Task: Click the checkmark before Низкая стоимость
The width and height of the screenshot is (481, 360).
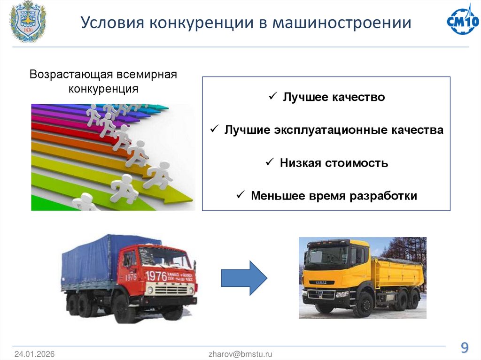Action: pos(270,162)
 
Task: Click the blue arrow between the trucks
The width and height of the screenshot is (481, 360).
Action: pos(244,278)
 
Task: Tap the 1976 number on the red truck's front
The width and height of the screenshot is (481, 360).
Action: pos(156,276)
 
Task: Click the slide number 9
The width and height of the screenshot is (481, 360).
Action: pos(464,348)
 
